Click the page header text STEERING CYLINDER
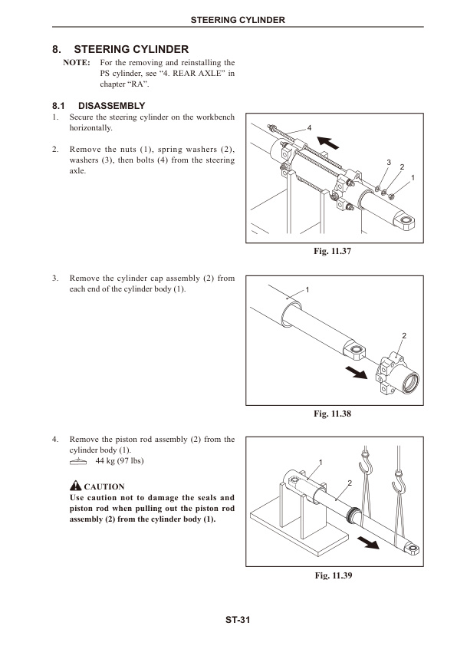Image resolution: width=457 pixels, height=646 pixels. point(237,20)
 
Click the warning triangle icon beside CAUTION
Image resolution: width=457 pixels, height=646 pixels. point(75,486)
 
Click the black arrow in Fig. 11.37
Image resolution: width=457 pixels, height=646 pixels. point(328,141)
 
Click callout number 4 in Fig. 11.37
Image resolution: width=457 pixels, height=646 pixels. point(309,126)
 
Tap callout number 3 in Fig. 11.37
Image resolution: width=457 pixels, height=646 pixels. point(389,163)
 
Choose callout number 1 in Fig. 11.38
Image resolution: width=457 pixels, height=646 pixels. point(307,289)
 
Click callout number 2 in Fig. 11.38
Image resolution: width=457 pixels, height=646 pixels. point(404,337)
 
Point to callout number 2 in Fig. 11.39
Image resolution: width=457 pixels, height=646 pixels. point(349,482)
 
